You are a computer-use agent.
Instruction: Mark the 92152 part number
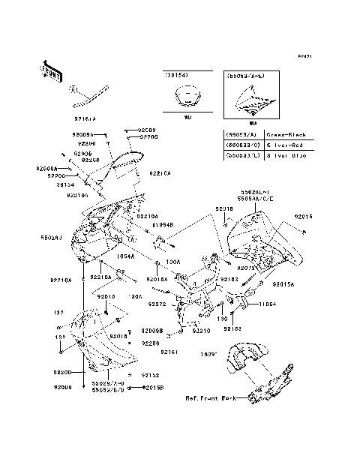click(x=150, y=374)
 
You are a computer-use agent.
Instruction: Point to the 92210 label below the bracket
click(x=200, y=330)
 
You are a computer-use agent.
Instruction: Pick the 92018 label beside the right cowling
click(x=225, y=209)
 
